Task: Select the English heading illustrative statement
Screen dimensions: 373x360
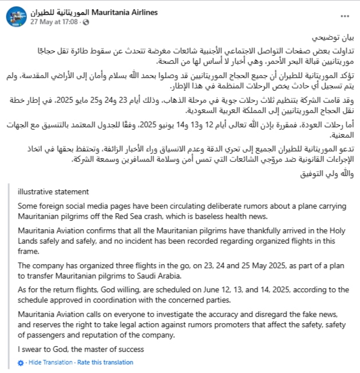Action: point(53,192)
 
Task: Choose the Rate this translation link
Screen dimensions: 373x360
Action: point(105,362)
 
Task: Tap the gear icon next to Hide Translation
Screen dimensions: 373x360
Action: point(21,362)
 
